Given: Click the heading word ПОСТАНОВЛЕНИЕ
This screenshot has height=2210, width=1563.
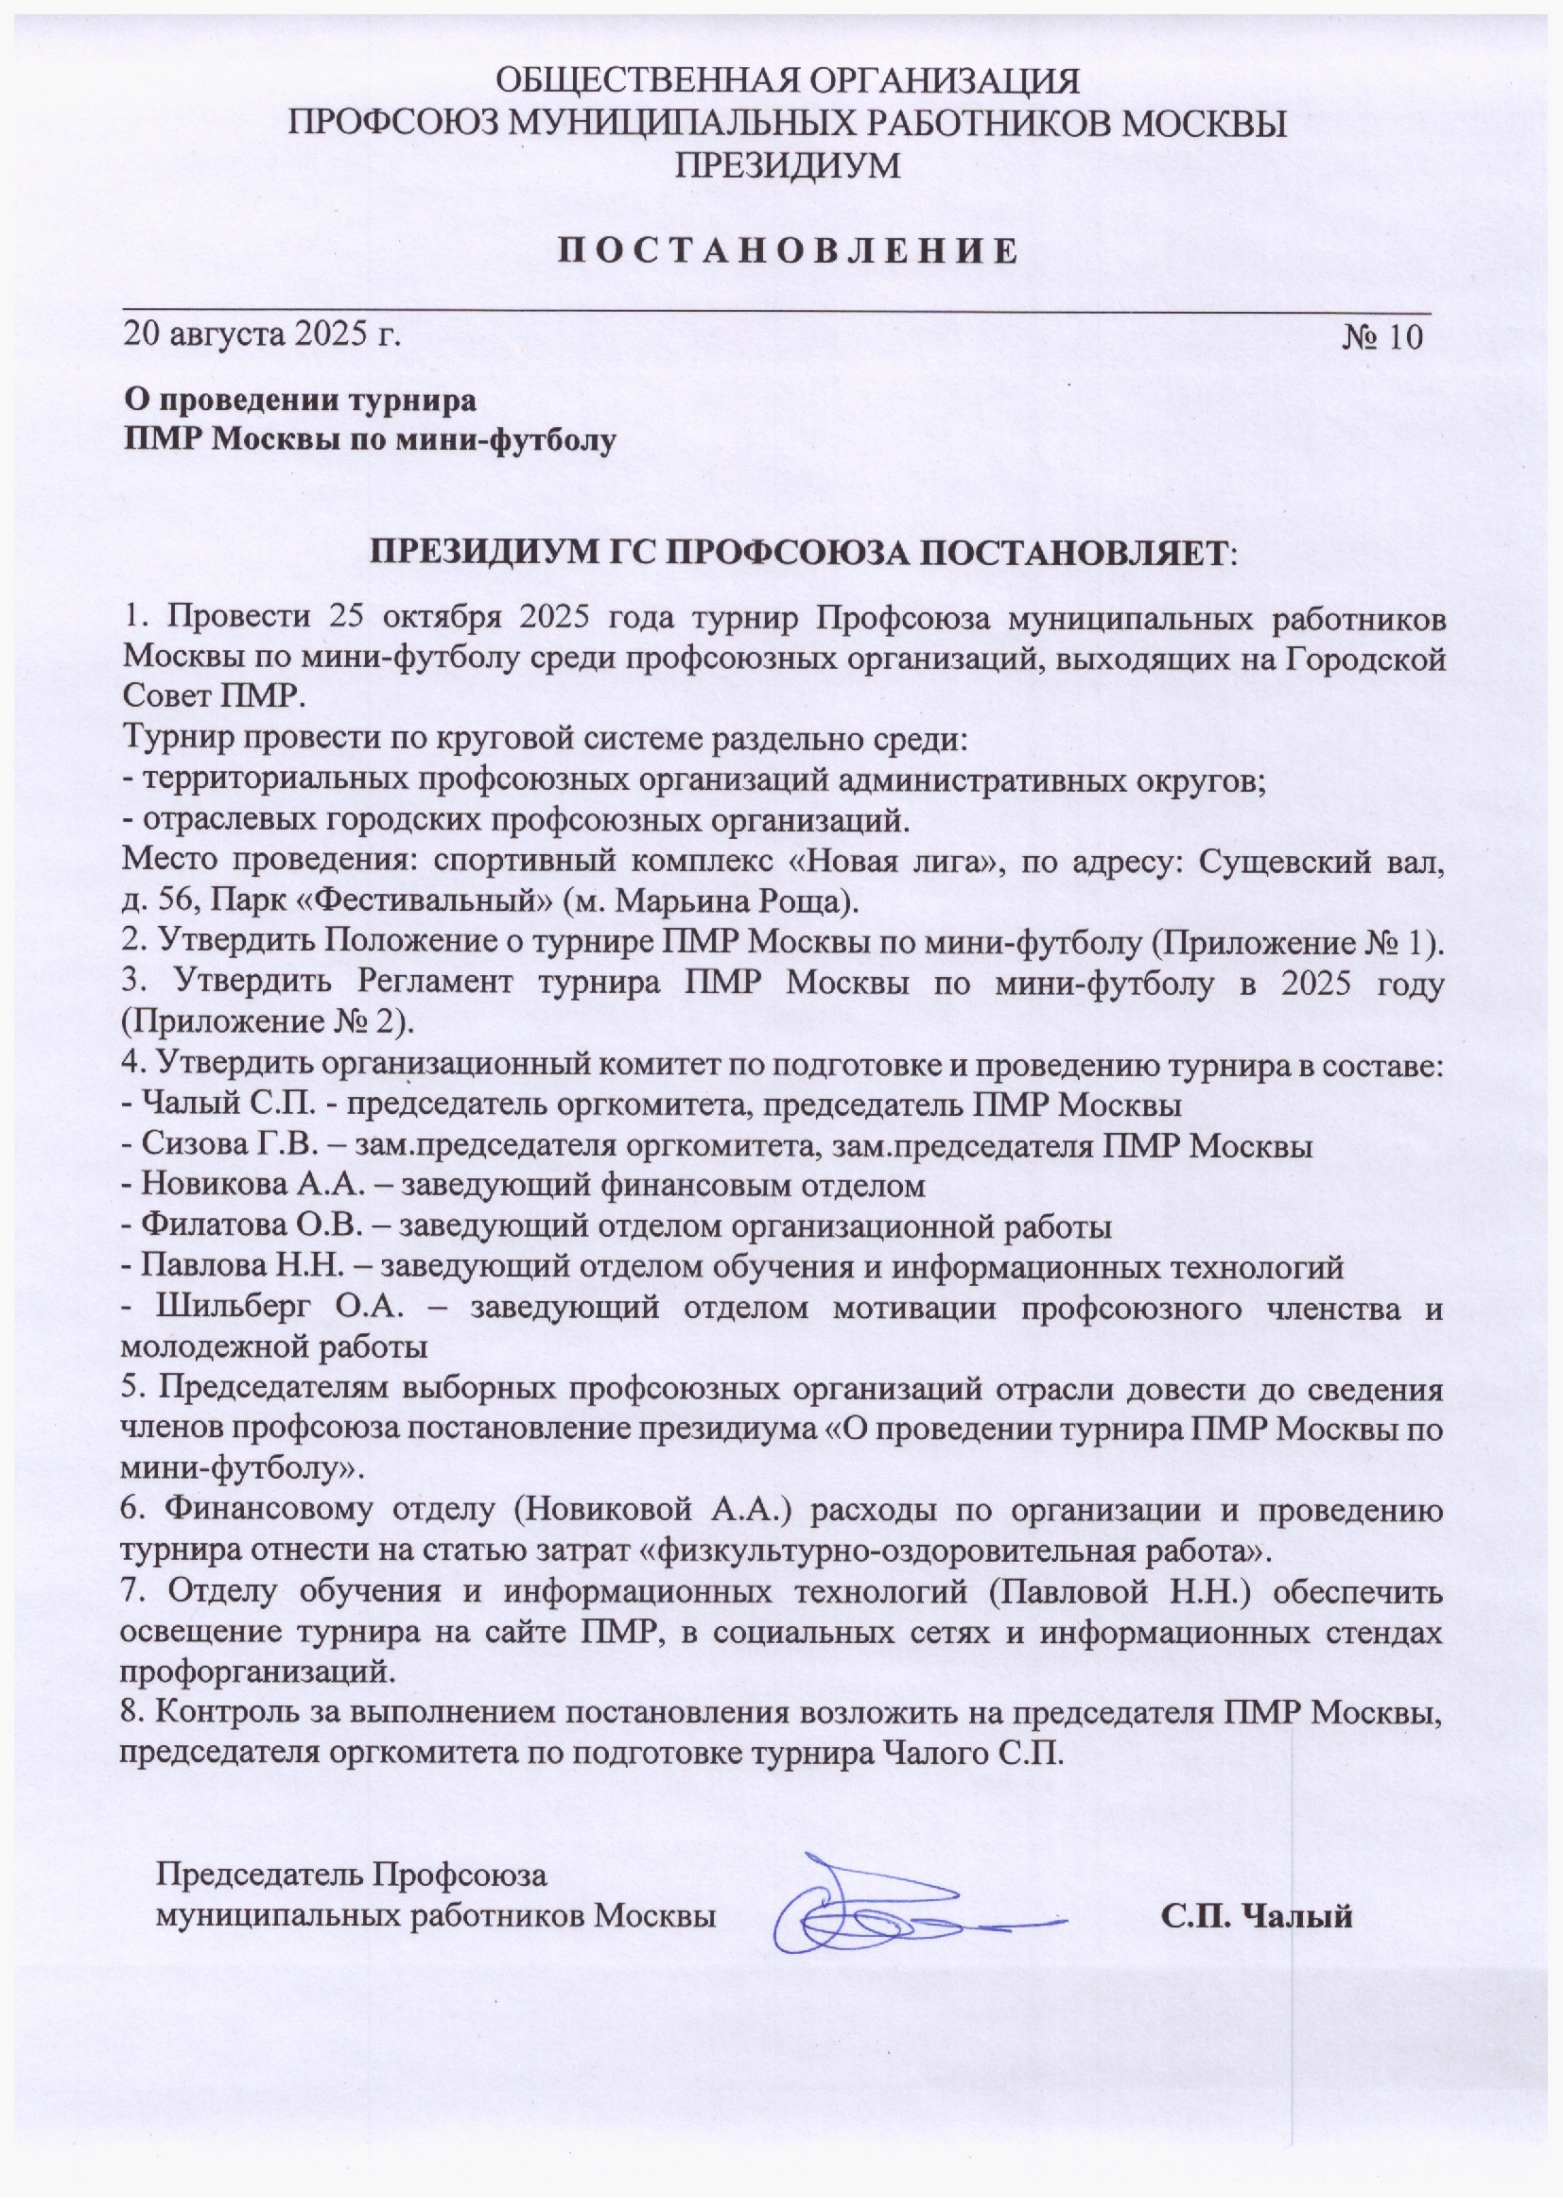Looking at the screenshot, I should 788,251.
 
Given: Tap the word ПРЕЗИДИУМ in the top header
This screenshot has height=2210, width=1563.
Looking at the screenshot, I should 787,165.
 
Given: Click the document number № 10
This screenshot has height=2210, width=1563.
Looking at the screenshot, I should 1382,337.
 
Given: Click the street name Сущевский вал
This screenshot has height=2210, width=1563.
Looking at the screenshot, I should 1319,862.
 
